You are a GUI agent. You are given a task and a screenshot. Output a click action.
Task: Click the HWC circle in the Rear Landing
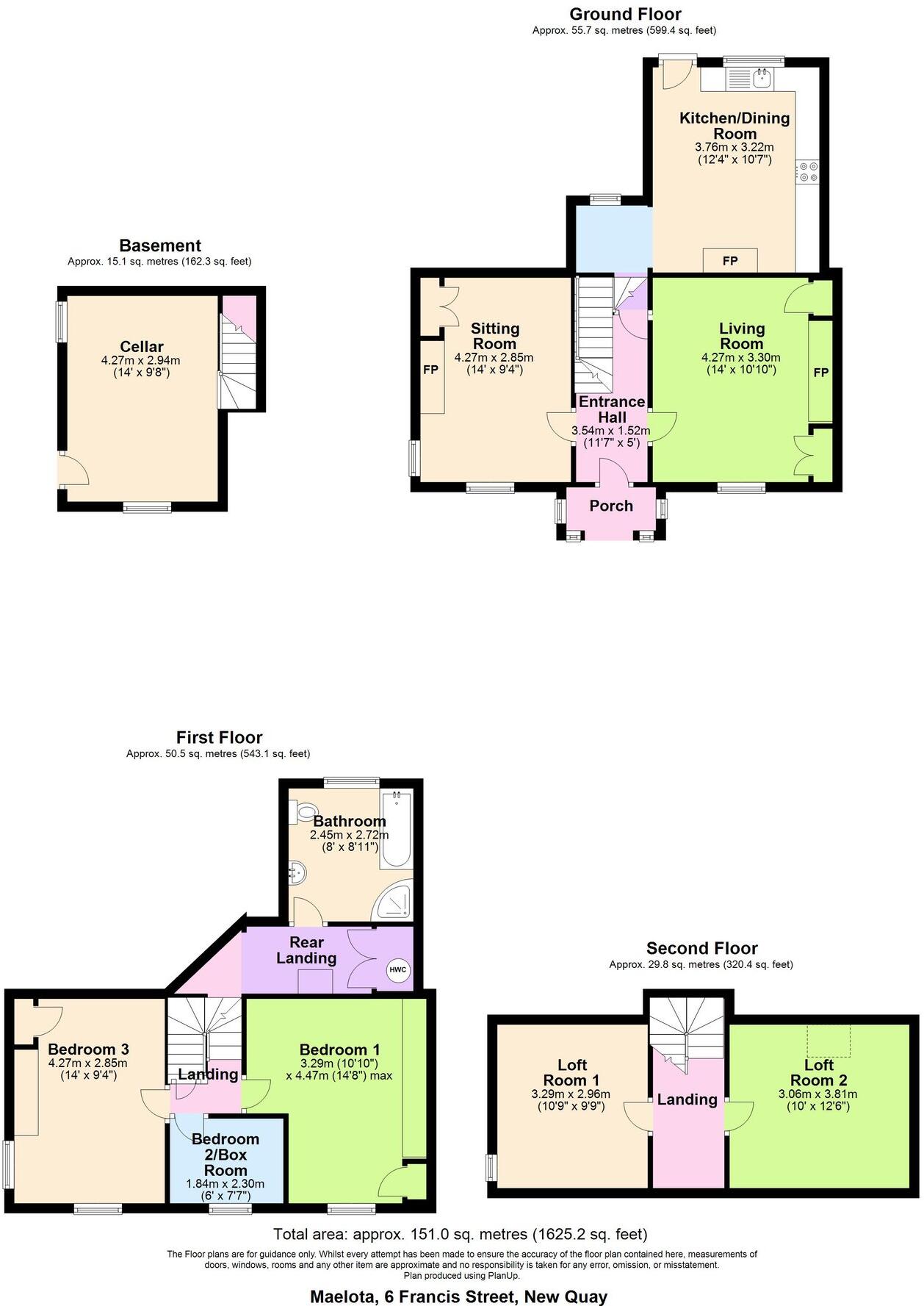tap(397, 969)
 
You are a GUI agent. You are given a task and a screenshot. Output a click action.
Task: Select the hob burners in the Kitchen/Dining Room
tap(808, 171)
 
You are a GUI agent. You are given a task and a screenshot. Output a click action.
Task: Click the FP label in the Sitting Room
tap(431, 370)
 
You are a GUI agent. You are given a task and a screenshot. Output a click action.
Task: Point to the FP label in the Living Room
tap(820, 372)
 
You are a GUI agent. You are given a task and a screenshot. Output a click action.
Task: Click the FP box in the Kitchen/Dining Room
tap(730, 261)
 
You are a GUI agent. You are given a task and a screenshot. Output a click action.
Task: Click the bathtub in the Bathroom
tap(397, 830)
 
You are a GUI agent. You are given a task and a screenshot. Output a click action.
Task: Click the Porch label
tap(611, 506)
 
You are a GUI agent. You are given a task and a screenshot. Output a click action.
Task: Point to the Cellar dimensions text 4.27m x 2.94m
tap(140, 360)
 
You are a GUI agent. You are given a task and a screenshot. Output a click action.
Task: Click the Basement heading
tap(160, 245)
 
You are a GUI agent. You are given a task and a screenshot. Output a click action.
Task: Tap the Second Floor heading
tap(701, 948)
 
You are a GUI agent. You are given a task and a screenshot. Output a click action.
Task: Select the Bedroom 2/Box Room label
tap(225, 1154)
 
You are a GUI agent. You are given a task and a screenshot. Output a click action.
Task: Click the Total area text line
tap(461, 1234)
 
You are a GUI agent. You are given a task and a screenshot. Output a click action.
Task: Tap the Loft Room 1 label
tap(571, 1072)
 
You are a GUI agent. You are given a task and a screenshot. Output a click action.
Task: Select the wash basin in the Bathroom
tap(297, 875)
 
